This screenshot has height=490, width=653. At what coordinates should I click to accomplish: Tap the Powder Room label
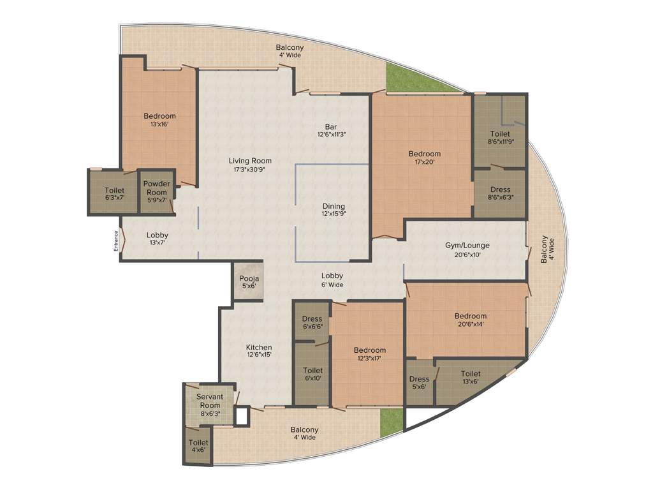(156, 188)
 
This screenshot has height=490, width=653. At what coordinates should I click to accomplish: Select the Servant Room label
(210, 401)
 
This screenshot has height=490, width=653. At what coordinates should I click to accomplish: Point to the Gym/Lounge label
(467, 246)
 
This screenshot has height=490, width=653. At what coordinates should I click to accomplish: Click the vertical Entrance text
(117, 241)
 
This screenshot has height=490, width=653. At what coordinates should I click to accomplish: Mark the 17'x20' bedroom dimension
(425, 162)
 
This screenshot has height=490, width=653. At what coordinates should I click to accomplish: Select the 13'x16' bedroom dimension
(159, 124)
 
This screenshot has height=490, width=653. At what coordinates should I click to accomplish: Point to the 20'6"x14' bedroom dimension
(470, 324)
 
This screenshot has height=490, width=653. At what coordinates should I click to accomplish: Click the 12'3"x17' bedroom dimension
(370, 359)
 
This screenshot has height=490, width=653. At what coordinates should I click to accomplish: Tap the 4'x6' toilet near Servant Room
(198, 446)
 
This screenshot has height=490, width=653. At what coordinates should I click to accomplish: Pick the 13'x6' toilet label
(471, 378)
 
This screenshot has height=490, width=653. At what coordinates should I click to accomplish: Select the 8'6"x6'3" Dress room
(500, 193)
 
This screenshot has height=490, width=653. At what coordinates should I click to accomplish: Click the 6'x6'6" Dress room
(312, 323)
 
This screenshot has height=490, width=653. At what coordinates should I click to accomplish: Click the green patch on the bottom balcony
(392, 422)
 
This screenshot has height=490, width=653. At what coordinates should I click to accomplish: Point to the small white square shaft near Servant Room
(241, 416)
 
